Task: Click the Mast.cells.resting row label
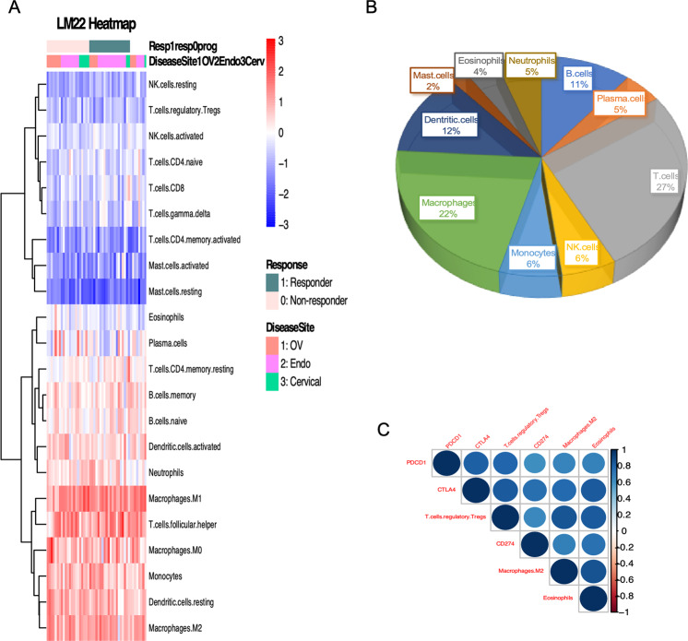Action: (x=183, y=292)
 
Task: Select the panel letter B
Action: (x=396, y=9)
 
